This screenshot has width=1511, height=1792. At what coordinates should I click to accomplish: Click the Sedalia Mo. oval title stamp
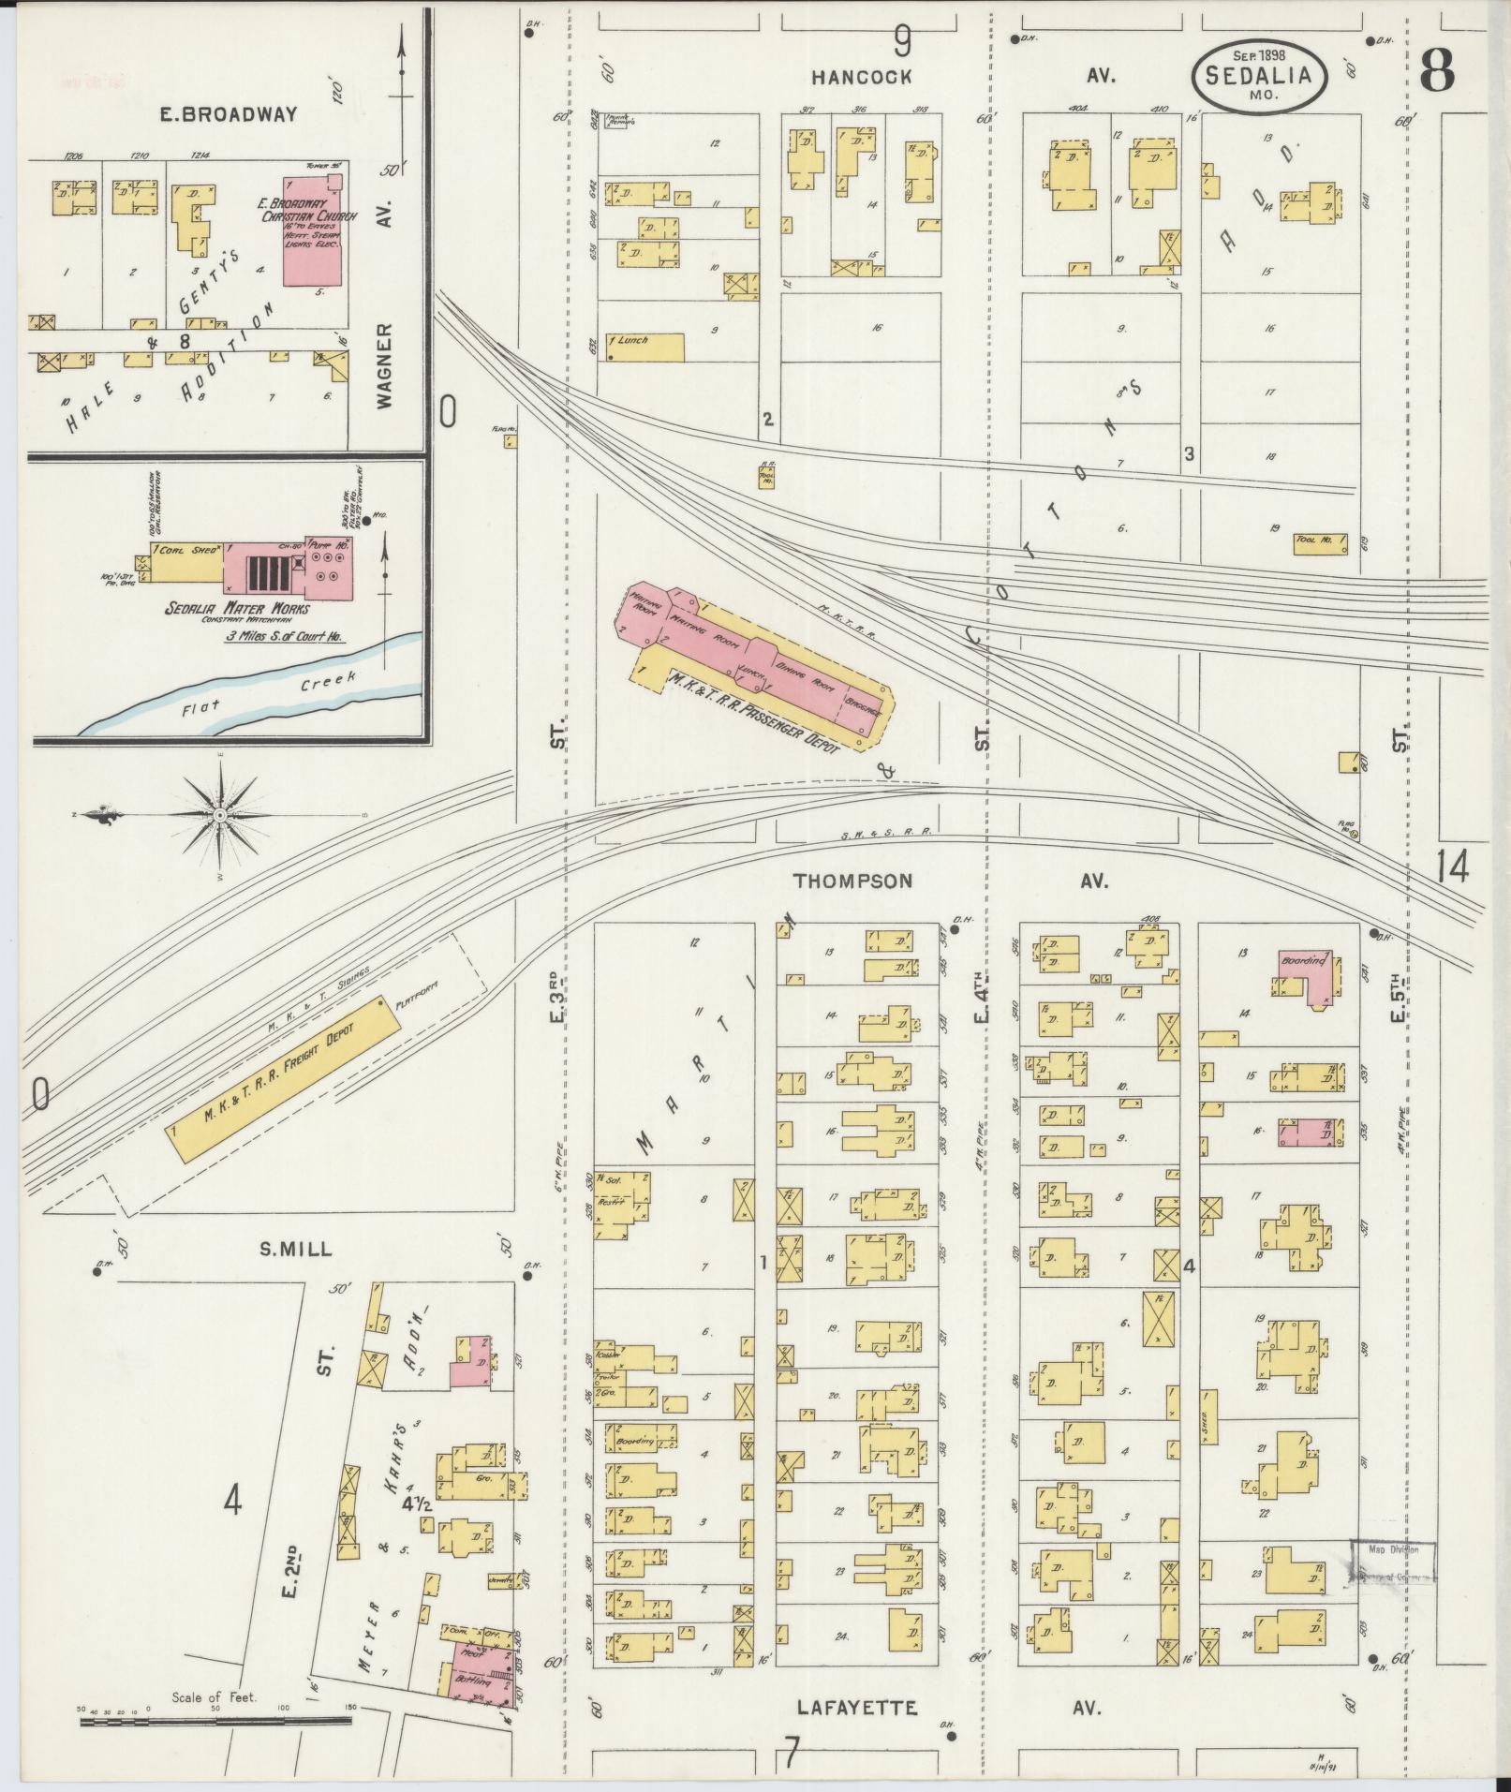coord(1259,74)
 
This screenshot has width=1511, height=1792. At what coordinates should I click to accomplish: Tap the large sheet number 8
coord(1436,70)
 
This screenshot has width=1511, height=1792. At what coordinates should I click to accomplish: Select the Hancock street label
coord(861,77)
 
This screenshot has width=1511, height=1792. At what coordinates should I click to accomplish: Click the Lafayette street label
coord(856,1708)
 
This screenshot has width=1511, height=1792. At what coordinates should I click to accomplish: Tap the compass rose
coord(219,816)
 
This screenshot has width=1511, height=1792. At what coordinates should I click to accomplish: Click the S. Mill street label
coord(296,1249)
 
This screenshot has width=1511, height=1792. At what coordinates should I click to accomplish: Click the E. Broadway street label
coord(229,114)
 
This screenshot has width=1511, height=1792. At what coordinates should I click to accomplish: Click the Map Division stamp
coord(1392,1562)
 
